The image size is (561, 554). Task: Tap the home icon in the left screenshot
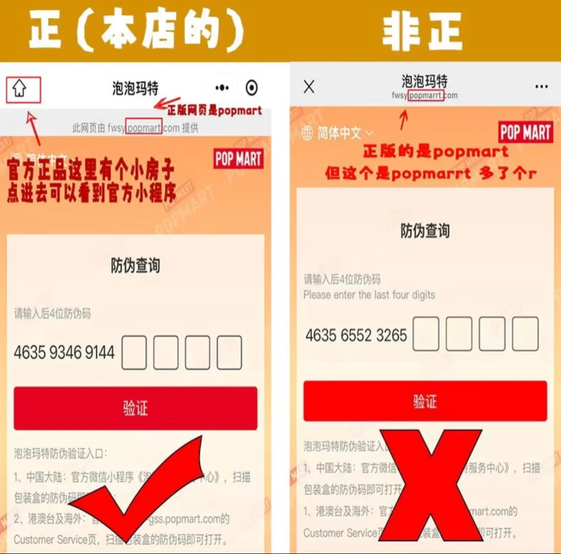pyautogui.click(x=20, y=89)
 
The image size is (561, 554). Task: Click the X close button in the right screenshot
pyautogui.click(x=309, y=87)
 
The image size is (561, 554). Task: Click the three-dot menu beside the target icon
pyautogui.click(x=222, y=88)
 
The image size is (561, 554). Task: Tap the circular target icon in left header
pyautogui.click(x=252, y=88)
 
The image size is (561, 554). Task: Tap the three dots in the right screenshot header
pyautogui.click(x=541, y=87)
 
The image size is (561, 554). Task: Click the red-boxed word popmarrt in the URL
pyautogui.click(x=426, y=95)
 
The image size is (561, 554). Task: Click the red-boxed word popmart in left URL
pyautogui.click(x=144, y=128)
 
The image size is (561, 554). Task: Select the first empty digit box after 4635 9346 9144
pyautogui.click(x=134, y=352)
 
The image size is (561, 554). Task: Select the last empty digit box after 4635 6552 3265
pyautogui.click(x=526, y=334)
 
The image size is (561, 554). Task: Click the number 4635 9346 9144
pyautogui.click(x=64, y=353)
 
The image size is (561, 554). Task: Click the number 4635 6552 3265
pyautogui.click(x=356, y=335)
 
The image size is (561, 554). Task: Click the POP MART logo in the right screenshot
pyautogui.click(x=526, y=133)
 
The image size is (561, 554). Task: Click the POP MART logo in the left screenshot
pyautogui.click(x=238, y=159)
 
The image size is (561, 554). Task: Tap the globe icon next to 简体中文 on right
pyautogui.click(x=307, y=133)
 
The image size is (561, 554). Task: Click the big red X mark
pyautogui.click(x=431, y=485)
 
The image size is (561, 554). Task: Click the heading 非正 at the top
pyautogui.click(x=422, y=32)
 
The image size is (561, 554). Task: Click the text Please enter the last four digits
pyautogui.click(x=369, y=295)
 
